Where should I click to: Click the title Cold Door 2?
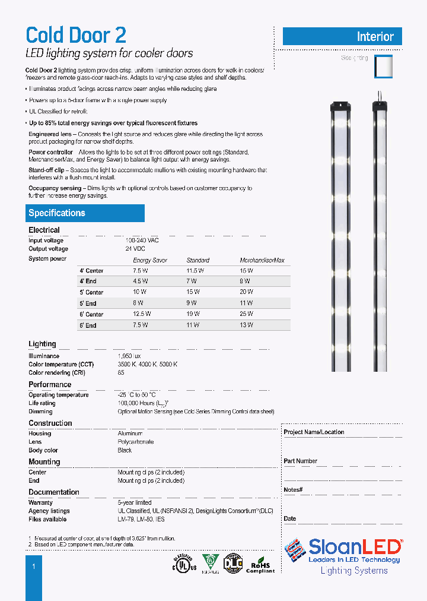point(76,35)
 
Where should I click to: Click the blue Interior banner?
point(342,36)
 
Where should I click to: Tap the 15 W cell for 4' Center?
point(246,271)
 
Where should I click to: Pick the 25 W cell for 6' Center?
point(246,314)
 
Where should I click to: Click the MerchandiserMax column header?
point(262,260)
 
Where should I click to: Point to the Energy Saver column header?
point(150,260)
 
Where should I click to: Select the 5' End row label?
point(88,303)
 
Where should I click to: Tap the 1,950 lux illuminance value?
point(130,356)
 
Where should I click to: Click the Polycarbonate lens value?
point(135,442)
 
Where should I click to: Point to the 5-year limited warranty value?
point(135,502)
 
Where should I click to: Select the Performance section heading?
point(50,385)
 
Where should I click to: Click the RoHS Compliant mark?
point(260,564)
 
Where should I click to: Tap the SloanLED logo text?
point(354,546)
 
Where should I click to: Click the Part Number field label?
point(300,461)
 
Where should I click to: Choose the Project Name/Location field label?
point(314,432)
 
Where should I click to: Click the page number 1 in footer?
point(34,567)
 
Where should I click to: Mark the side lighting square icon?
point(384,67)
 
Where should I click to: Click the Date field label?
point(289,518)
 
